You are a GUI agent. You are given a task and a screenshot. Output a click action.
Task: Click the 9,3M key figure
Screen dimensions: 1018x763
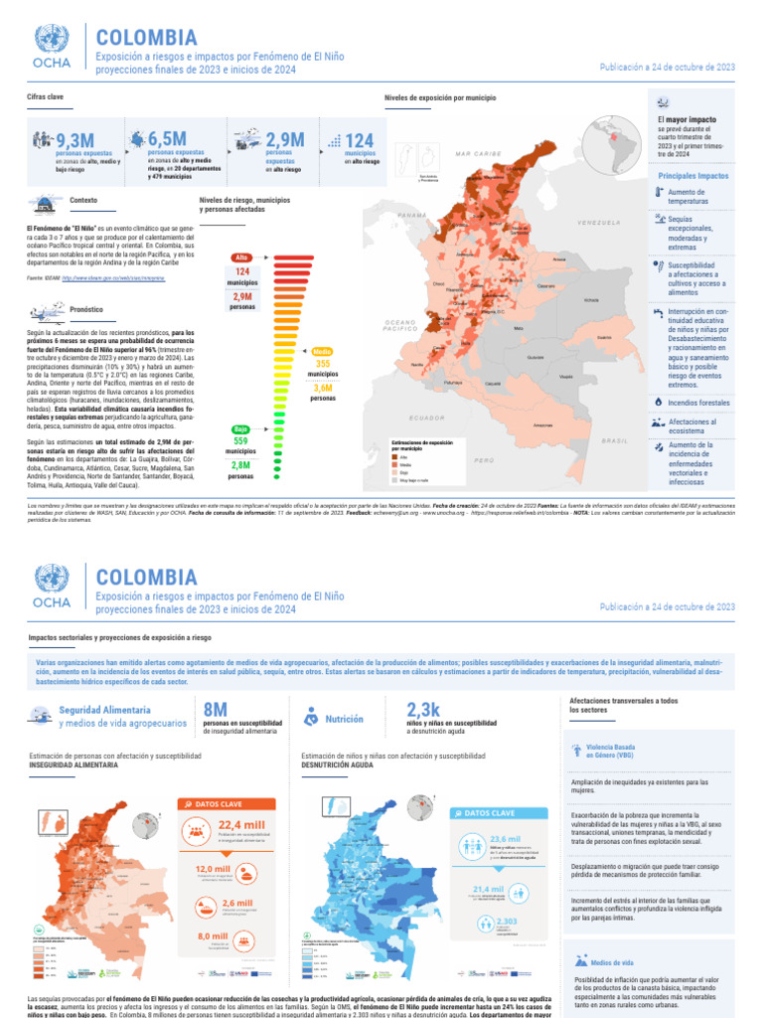point(75,140)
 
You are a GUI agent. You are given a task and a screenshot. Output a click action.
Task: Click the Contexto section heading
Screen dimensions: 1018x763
point(82,201)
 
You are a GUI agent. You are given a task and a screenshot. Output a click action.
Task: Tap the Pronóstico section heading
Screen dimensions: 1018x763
point(87,310)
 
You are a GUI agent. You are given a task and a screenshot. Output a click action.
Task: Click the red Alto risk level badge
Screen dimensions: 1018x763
point(241,257)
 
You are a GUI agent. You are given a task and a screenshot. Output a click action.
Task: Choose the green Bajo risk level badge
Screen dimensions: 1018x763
point(241,429)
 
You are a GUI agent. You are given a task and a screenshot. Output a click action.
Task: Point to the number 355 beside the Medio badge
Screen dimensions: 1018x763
point(323,364)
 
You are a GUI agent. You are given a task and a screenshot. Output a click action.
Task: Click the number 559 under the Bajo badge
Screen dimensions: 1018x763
point(241,441)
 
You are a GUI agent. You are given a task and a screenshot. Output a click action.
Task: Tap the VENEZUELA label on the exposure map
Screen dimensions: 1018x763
point(597,223)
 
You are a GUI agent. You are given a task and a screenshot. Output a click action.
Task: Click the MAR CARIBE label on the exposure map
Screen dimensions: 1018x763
point(479,154)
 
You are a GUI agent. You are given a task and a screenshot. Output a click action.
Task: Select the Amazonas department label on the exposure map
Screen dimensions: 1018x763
point(542,425)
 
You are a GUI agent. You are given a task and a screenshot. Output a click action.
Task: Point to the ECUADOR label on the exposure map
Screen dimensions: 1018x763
point(426,418)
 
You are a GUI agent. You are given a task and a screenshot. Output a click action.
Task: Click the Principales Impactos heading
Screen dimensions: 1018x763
point(692,176)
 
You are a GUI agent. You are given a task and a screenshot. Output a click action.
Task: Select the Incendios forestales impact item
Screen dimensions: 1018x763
point(698,403)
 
